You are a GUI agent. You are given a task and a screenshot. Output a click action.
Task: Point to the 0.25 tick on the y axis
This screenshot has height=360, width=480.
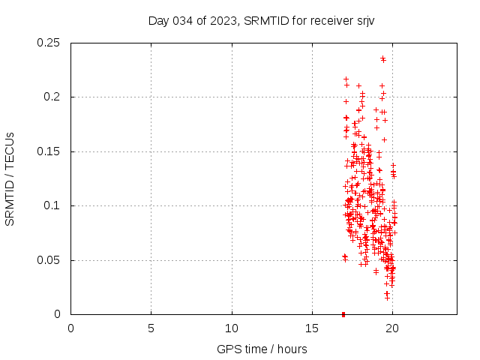tap(49, 43)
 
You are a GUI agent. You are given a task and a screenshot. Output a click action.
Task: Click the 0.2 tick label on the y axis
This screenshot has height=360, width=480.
tap(52, 97)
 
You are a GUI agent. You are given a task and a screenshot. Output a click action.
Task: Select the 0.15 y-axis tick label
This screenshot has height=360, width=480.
tap(49, 151)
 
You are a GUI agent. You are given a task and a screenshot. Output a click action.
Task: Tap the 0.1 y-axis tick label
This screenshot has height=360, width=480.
tap(52, 205)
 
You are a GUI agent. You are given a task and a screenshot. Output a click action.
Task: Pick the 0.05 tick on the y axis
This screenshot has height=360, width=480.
tap(49, 260)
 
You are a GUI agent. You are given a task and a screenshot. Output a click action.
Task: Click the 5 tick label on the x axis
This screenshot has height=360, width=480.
tap(151, 328)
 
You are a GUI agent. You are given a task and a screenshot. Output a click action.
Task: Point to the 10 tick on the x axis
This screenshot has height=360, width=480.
tap(232, 328)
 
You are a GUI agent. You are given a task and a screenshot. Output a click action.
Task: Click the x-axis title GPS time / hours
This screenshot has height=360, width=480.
tap(262, 349)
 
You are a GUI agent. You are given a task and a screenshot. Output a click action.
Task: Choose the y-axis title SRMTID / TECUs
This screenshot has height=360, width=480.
tap(10, 178)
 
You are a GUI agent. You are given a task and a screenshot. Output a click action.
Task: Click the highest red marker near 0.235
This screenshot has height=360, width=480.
tap(382, 58)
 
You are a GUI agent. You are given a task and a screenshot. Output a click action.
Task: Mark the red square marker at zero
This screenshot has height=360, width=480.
tap(343, 314)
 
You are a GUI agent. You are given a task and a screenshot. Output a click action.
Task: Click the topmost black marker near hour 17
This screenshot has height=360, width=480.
tap(346, 79)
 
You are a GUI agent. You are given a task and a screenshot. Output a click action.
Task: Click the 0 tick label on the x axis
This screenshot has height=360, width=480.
tap(70, 328)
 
